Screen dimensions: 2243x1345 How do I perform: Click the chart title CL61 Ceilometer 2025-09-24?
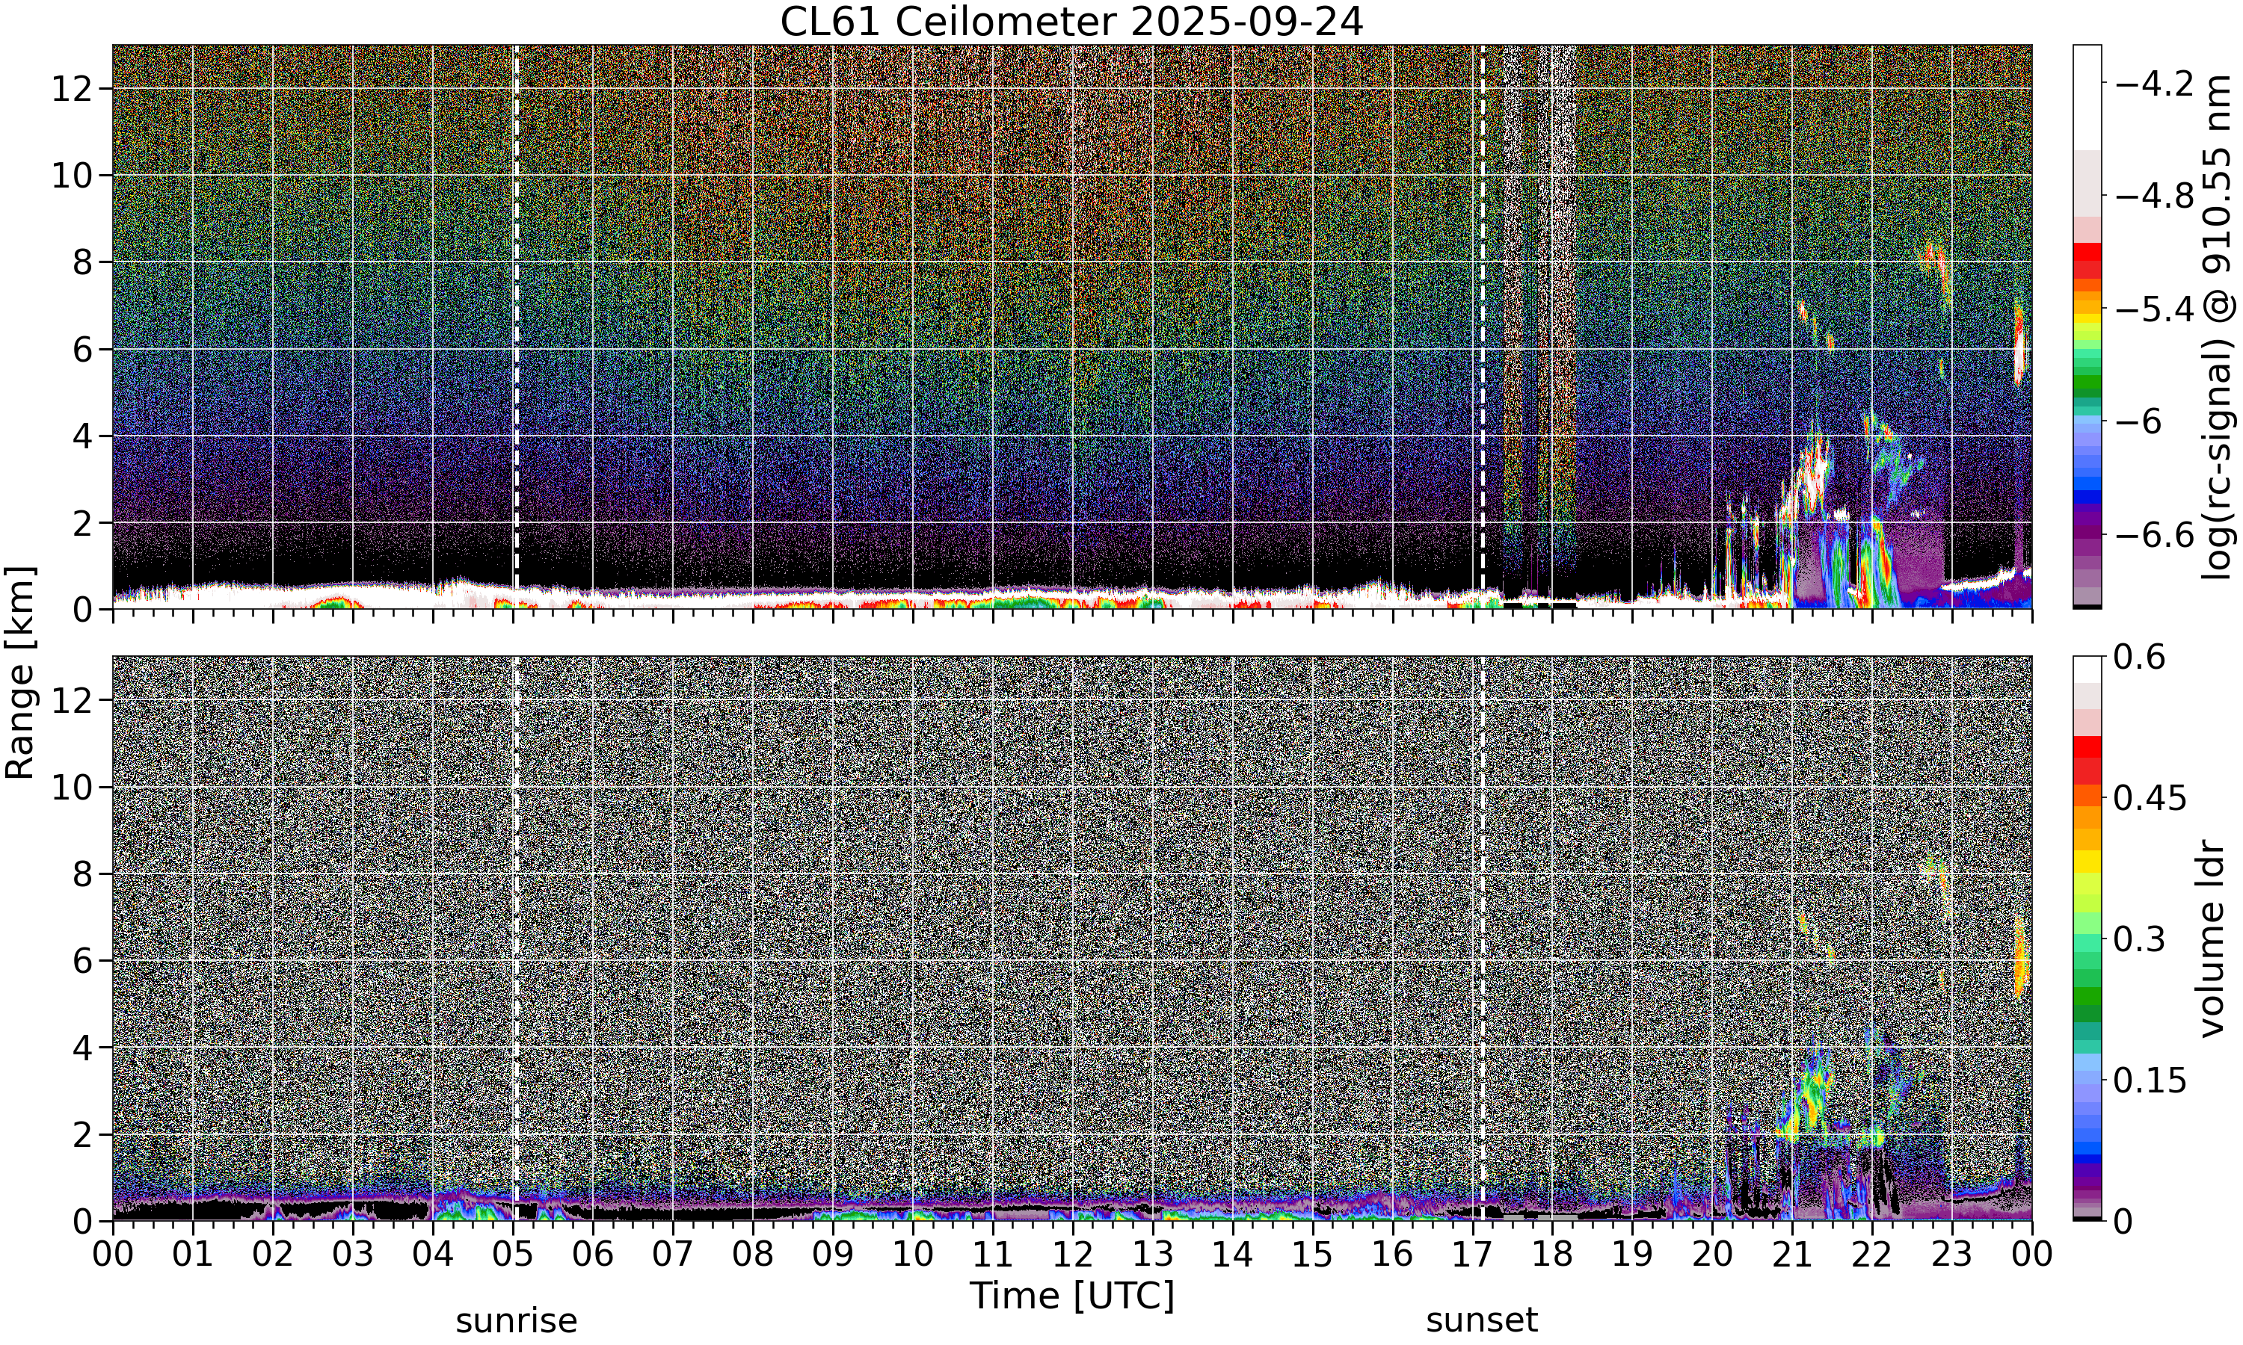click(1071, 22)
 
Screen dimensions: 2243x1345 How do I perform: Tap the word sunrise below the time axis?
click(516, 1320)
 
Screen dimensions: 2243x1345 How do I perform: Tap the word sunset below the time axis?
click(1481, 1320)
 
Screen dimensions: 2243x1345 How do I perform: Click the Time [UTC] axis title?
click(1071, 1296)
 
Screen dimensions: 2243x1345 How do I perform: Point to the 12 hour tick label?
click(1073, 1255)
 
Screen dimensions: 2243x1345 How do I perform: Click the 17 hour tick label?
click(1472, 1255)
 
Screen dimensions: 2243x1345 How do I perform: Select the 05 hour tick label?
click(513, 1255)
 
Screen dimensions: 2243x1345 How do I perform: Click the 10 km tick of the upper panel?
click(73, 175)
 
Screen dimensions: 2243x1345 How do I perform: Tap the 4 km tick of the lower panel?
click(84, 1047)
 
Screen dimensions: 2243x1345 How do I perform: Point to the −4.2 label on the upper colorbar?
click(2155, 84)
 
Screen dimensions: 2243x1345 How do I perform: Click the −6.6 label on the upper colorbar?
click(2155, 535)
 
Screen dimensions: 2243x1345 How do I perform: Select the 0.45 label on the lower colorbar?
click(2150, 797)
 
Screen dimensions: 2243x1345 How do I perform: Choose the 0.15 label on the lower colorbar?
click(2150, 1080)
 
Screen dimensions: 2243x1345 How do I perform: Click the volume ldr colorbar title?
click(2212, 939)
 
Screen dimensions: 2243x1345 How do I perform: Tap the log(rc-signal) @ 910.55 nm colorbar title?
click(2218, 327)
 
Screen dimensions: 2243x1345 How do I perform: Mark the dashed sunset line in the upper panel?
click(1483, 327)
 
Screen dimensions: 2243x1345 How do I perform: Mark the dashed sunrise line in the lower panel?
click(516, 938)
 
